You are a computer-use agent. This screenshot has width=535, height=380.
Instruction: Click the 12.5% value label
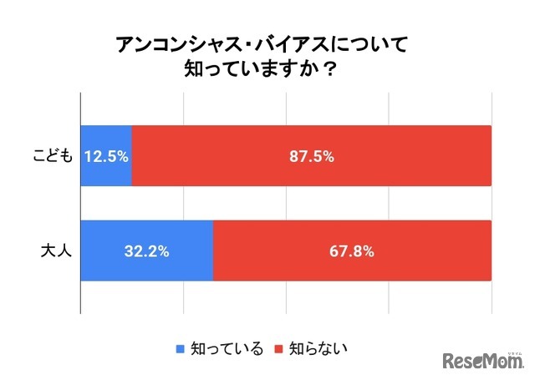pos(106,156)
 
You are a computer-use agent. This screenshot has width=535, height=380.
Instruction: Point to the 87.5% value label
pos(311,156)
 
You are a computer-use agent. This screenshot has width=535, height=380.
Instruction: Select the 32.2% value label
pos(147,251)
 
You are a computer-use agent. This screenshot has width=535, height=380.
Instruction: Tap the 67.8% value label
pos(351,251)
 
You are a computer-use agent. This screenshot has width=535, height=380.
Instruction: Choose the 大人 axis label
pos(59,251)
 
